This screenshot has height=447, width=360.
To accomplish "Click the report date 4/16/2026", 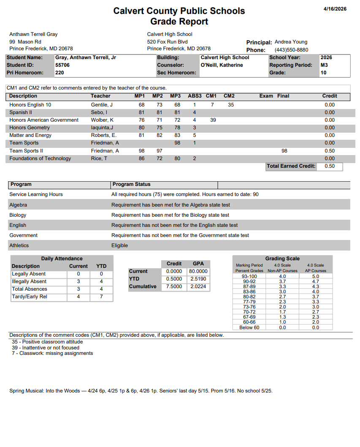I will pos(335,9).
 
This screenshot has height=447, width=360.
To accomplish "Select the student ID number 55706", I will pos(62,65).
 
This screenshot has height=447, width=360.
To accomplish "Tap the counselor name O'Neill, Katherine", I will pos(222,65).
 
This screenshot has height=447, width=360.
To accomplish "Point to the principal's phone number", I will pos(291,50).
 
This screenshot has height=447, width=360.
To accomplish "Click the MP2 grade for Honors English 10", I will pos(160,105).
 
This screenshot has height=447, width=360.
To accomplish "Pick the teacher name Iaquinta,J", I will pos(102,128).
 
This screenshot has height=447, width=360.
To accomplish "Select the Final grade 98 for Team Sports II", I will pos(284,151).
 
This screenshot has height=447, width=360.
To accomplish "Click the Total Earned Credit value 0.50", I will pos(330,166).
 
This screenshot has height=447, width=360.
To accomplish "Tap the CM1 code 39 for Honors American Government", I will pos(213,120).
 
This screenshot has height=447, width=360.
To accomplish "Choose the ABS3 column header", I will pos(195,96).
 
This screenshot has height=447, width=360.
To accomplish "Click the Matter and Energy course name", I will pos(30,135).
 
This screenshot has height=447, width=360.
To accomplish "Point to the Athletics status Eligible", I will pos(119,245).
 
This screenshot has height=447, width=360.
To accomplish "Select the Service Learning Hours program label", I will pos(36,194).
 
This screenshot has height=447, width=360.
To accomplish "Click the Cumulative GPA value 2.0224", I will pos(198,286).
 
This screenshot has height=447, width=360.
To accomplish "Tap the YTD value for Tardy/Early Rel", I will pos(101,297).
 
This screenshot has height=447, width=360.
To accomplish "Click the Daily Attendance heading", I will pos(62,259).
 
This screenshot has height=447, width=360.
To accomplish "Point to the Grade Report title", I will pos(179,22).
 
